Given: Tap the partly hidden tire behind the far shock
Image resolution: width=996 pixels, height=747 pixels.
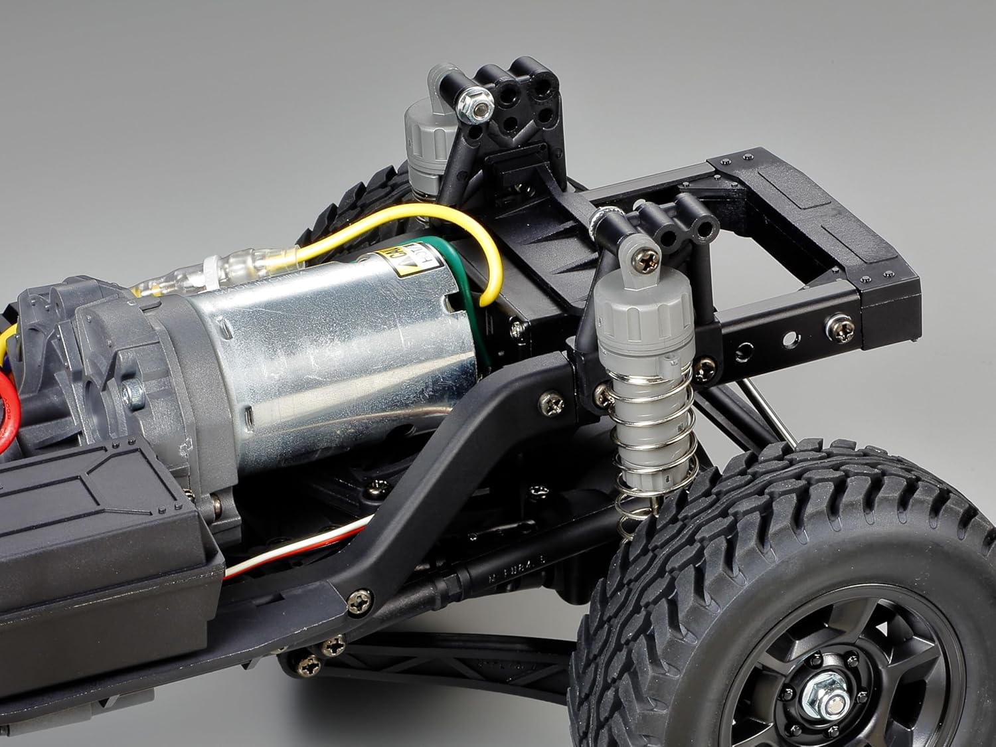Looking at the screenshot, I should coord(352,199).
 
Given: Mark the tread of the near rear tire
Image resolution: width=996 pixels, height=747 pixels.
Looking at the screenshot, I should coord(784,505).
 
